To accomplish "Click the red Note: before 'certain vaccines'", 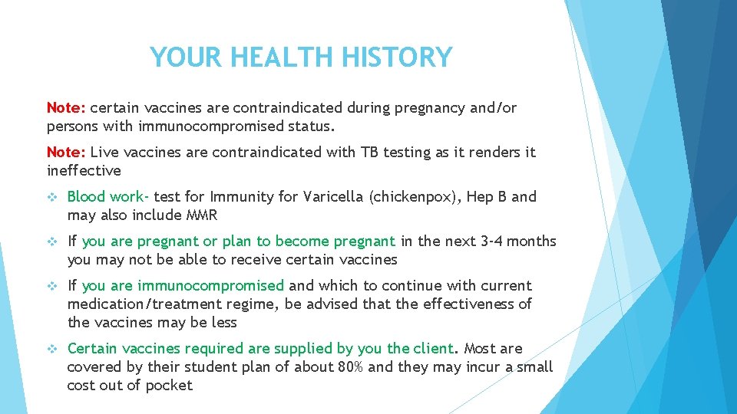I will pos(66,108).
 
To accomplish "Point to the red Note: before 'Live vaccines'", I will pos(66,153).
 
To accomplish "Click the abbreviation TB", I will pos(369,153).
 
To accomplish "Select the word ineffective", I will pos(84,171).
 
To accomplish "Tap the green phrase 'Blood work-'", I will pos(108,197).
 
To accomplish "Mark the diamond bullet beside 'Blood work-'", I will pos(52,197).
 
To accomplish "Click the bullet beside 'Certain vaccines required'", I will pos(52,349).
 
